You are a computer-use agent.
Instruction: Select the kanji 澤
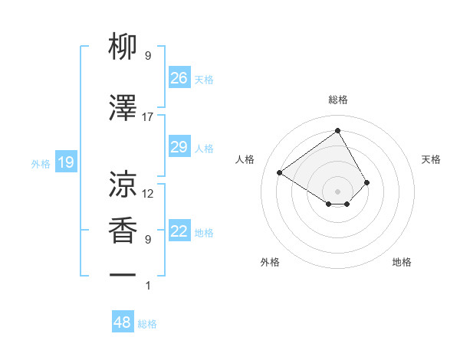pos(123,108)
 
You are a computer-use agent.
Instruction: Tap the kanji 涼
pos(123,185)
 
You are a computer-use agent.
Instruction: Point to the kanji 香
pos(123,231)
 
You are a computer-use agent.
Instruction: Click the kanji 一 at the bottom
pos(123,274)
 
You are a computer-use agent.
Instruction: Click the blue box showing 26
pos(179,77)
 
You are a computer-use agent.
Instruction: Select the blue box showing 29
pos(179,147)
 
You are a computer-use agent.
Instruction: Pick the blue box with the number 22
pos(179,231)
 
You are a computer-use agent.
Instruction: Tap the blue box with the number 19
pos(66,162)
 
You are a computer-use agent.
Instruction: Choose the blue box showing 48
pos(123,322)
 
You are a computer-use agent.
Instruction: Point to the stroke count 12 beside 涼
pos(148,194)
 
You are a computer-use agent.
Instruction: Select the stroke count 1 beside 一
pos(148,286)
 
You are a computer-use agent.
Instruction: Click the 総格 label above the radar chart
pos(338,100)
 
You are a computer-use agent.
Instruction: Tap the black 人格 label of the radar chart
pos(245,159)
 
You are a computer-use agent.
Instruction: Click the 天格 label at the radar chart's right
pos(431,159)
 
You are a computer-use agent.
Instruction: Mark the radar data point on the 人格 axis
pos(280,172)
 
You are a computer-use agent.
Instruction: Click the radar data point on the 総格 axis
pos(337,131)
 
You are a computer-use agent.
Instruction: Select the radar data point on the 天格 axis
pos(367,182)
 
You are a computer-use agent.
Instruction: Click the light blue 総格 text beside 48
pos(147,324)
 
